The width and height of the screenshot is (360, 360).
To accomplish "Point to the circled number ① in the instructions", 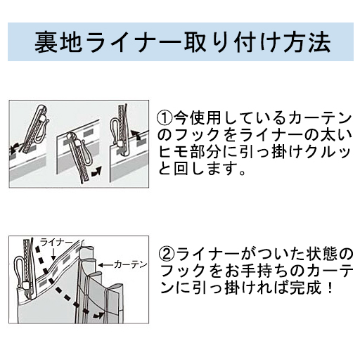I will [163, 116].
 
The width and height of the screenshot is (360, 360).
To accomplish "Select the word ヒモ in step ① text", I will [173, 151].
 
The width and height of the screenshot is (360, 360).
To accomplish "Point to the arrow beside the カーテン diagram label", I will [106, 264].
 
